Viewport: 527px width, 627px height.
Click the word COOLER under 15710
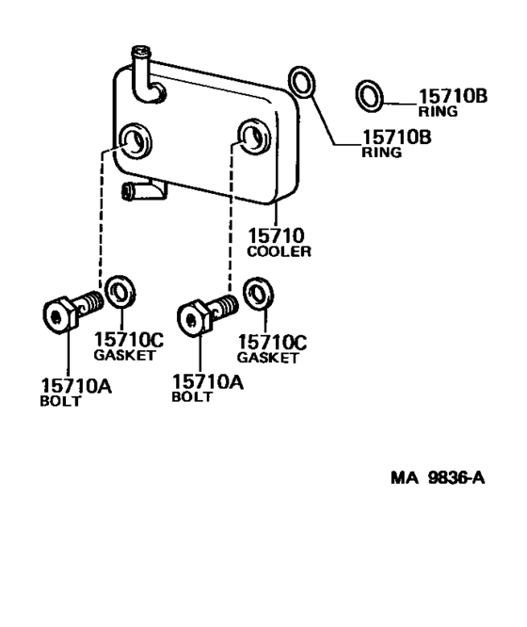point(279,251)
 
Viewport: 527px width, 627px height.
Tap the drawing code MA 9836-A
point(438,477)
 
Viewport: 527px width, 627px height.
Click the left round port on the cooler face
point(136,140)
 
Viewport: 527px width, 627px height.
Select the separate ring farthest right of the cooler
point(370,95)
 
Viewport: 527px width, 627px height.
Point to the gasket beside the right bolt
point(257,295)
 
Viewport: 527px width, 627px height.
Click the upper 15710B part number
point(452,95)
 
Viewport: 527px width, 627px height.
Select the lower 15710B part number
point(396,137)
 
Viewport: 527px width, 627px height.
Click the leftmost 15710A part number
point(75,385)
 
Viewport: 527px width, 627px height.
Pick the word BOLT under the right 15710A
point(192,396)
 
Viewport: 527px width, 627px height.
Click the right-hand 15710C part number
point(273,342)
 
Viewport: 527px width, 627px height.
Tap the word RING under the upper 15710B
point(439,111)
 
